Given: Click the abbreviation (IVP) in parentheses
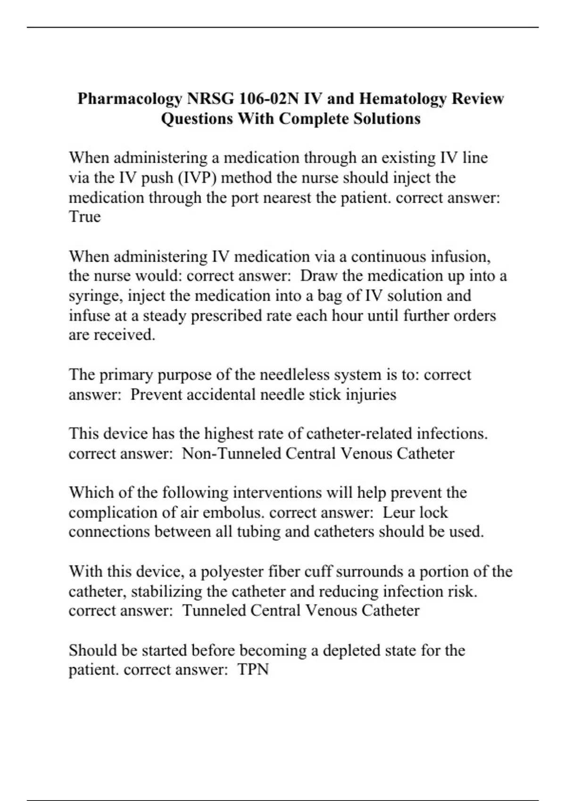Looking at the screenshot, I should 198,178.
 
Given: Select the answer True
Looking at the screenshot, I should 85,217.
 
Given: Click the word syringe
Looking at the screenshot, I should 96,296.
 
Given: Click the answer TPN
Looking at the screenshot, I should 253,670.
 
